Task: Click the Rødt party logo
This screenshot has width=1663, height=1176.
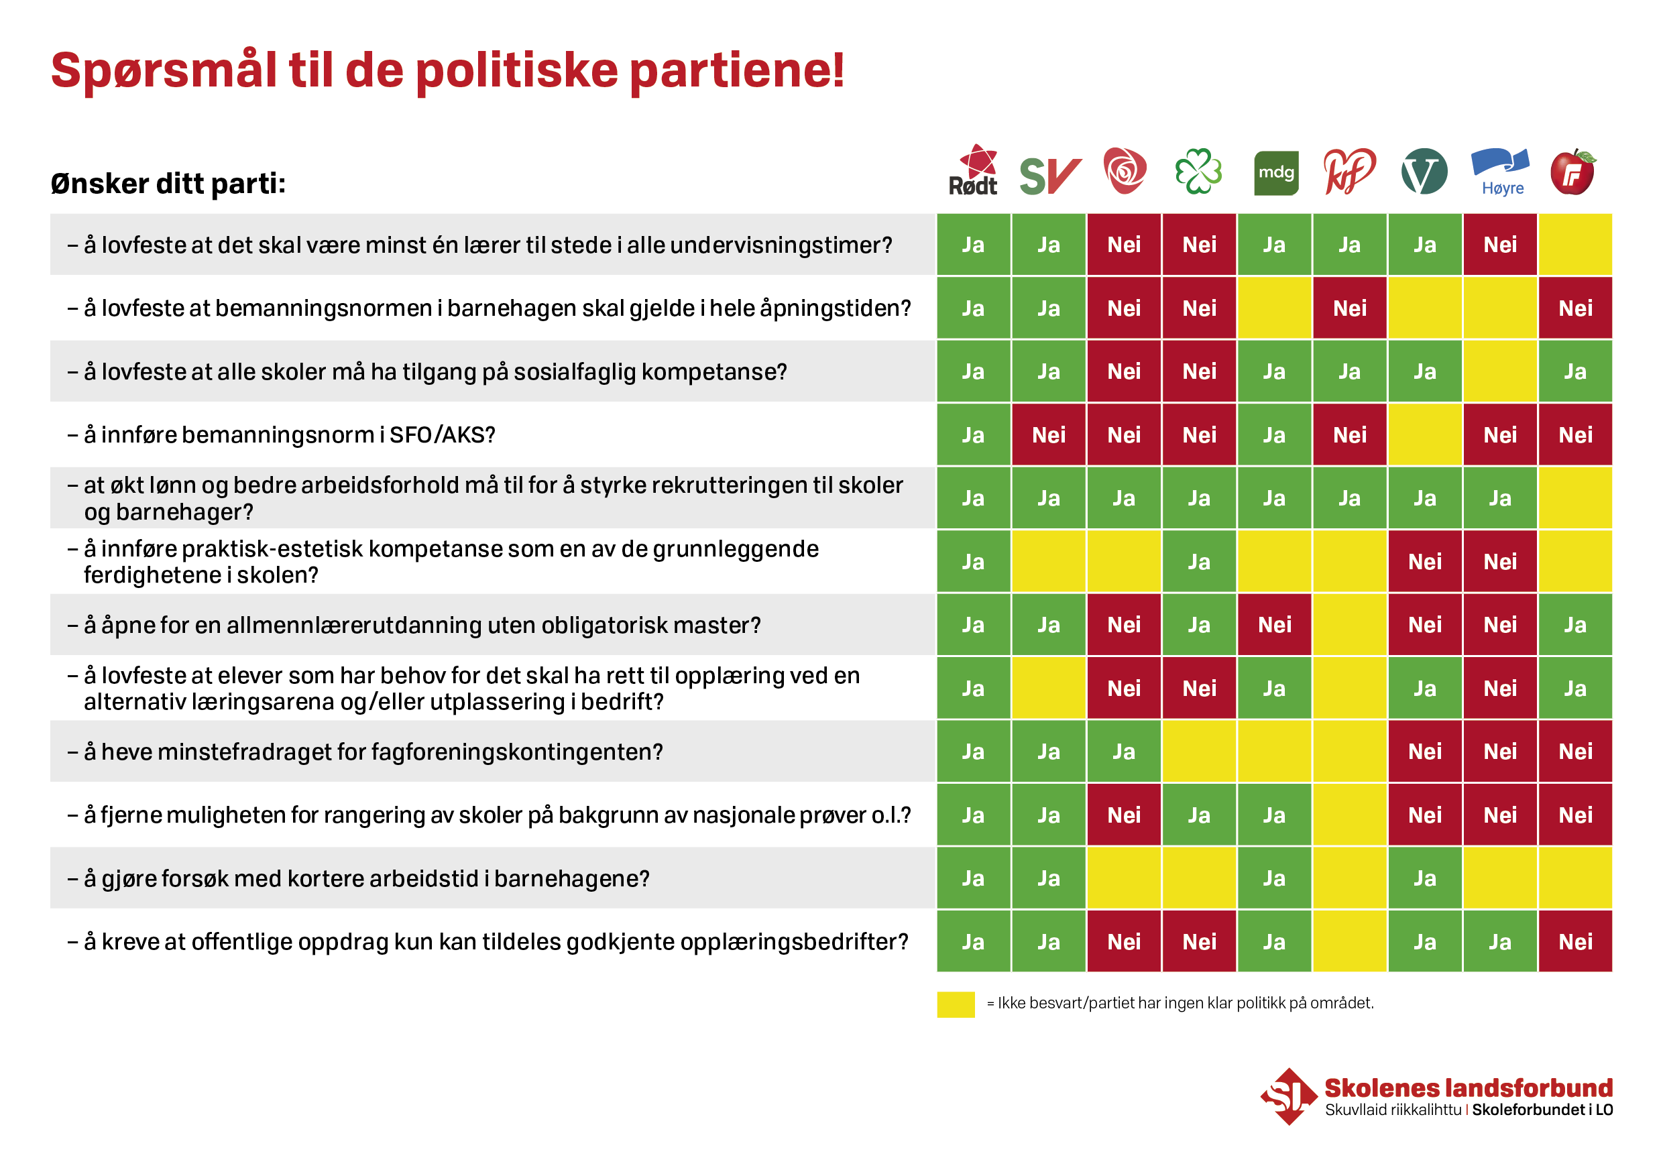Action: tap(974, 171)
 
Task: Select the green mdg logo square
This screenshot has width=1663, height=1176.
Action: tap(1275, 173)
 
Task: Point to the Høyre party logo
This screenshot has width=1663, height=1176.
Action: tap(1500, 172)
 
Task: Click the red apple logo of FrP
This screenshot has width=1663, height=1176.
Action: tap(1572, 173)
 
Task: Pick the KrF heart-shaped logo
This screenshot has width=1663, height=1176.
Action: tap(1349, 172)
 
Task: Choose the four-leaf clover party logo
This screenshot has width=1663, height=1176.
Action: tap(1199, 172)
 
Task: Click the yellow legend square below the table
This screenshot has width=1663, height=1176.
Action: tap(956, 1004)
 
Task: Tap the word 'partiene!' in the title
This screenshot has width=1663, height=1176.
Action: tap(737, 71)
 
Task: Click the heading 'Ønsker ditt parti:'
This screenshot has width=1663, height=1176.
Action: tap(168, 184)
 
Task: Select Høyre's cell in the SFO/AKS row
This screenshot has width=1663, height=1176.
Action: tap(1500, 435)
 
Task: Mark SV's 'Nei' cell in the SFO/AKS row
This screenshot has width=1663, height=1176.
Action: tap(1049, 435)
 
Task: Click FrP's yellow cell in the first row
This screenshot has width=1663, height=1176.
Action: tap(1575, 245)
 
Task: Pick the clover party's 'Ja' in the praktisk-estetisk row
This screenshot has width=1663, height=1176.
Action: tap(1199, 562)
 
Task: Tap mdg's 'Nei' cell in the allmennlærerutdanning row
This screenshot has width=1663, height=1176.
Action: tap(1275, 625)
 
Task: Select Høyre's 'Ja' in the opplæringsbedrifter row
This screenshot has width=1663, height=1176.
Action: tap(1500, 941)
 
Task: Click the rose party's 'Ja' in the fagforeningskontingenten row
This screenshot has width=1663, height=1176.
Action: tap(1123, 752)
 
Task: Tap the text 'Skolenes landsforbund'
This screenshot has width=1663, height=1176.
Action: tap(1468, 1088)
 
